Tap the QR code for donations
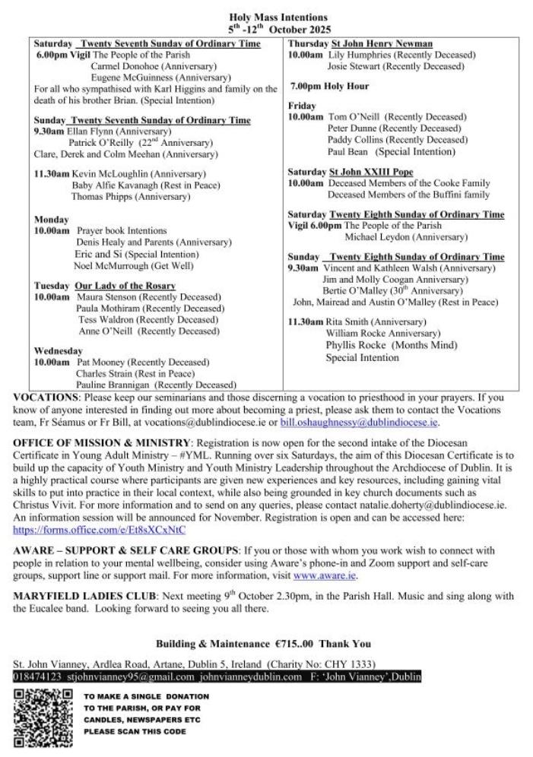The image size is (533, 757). [43, 717]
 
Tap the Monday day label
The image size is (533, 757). [51, 219]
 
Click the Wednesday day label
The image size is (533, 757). [58, 351]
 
